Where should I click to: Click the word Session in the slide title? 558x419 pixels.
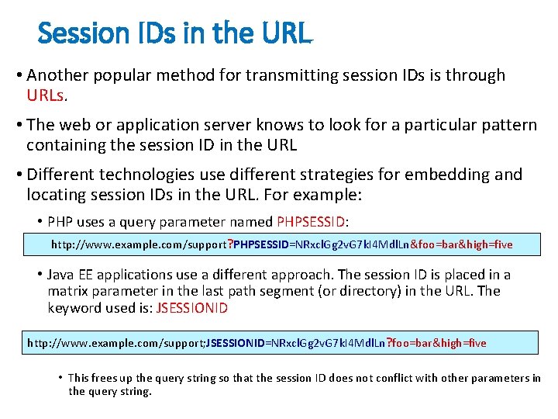(x=73, y=33)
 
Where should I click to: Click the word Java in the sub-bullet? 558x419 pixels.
(x=61, y=274)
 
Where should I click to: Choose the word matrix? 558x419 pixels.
(x=68, y=291)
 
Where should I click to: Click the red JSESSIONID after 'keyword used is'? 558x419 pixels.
(x=192, y=308)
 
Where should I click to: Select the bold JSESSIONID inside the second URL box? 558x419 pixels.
(x=236, y=342)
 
